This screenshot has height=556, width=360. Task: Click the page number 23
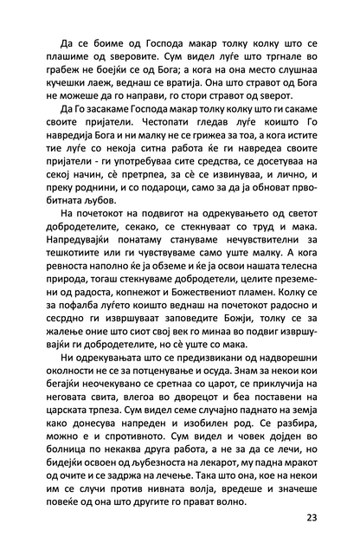point(312,519)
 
